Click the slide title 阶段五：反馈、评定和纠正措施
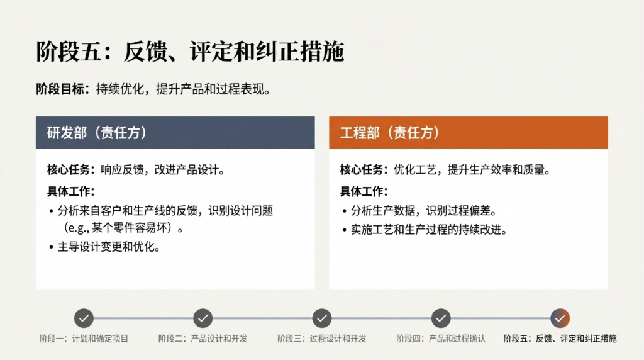coord(190,52)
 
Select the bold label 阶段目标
coord(60,89)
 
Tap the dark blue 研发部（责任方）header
coord(175,132)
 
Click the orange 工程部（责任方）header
coord(468,132)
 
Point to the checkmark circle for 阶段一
coord(84,318)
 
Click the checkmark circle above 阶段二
coord(203,318)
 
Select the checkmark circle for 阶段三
coord(322,318)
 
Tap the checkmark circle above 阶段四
coord(441,318)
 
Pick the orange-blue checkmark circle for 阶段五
coord(560,318)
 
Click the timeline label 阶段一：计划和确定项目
coord(84,339)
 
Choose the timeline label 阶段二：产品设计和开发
coord(203,339)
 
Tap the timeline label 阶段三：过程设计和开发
coord(322,339)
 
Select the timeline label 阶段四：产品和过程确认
coord(441,339)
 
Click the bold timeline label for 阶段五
coord(560,339)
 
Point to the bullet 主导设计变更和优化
coord(109,247)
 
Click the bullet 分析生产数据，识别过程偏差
coord(424,211)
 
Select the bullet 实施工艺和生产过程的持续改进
coord(429,230)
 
